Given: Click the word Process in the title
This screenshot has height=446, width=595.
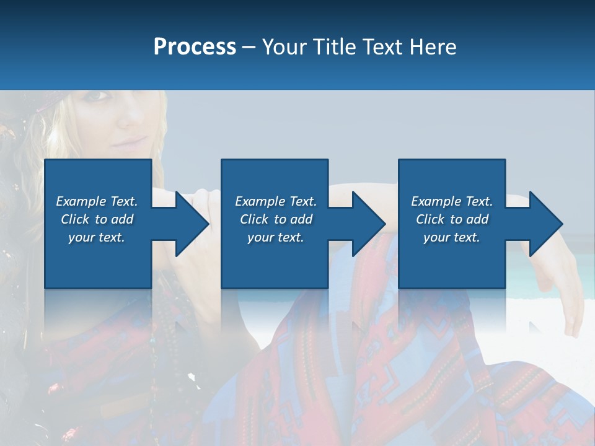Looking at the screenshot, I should tap(195, 47).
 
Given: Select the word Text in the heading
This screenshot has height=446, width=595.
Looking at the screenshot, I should tap(382, 47).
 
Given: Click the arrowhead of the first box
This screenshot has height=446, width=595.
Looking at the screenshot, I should tap(192, 224).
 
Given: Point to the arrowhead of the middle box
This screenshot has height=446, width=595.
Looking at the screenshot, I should tap(369, 224).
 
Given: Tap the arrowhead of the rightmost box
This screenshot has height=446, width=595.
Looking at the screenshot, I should tap(546, 224).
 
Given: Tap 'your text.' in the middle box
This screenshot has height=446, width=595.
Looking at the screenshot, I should tap(275, 237).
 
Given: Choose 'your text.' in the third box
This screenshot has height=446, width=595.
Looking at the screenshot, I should tap(451, 237).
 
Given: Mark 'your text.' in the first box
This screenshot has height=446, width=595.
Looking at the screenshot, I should tap(96, 237).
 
